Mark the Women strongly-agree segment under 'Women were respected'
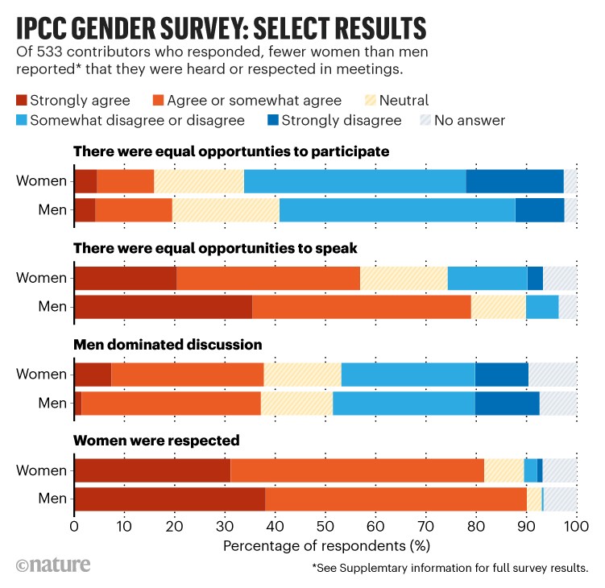click(152, 470)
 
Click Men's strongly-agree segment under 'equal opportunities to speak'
click(163, 307)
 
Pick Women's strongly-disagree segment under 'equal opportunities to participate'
click(514, 182)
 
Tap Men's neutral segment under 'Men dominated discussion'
click(296, 403)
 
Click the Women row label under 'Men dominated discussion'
click(41, 375)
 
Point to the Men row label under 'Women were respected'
click(52, 499)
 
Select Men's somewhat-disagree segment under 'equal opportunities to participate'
click(397, 210)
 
